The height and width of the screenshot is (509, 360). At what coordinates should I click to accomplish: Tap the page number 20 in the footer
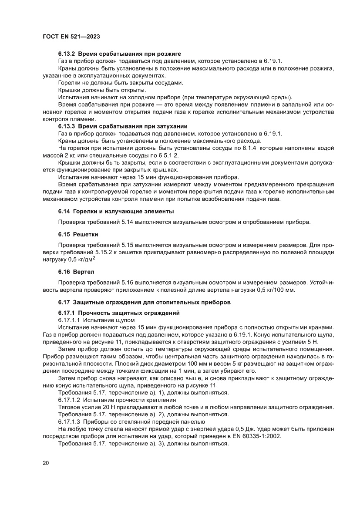pyautogui.click(x=46, y=462)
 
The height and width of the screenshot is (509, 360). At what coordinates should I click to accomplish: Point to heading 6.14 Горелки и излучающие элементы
pyautogui.click(x=116, y=211)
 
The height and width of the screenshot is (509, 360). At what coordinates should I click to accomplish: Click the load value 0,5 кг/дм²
pyautogui.click(x=84, y=260)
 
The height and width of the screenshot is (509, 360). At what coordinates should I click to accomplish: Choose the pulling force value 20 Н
pyautogui.click(x=104, y=406)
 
